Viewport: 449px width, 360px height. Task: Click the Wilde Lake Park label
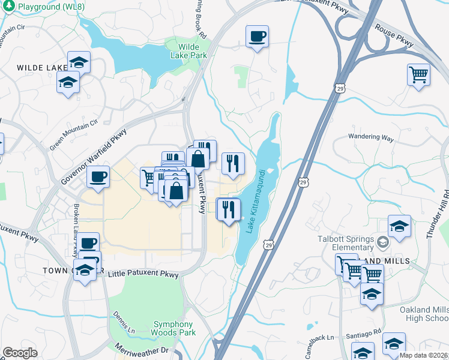click(x=192, y=52)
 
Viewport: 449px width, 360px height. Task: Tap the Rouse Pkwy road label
click(x=395, y=35)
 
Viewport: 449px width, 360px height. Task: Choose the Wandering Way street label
click(x=371, y=137)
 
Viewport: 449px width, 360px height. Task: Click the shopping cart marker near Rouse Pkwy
click(x=419, y=75)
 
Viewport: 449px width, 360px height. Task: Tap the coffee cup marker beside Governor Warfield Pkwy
click(x=98, y=176)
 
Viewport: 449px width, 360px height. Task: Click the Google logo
click(x=20, y=353)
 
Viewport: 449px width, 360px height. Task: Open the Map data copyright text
click(x=424, y=355)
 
